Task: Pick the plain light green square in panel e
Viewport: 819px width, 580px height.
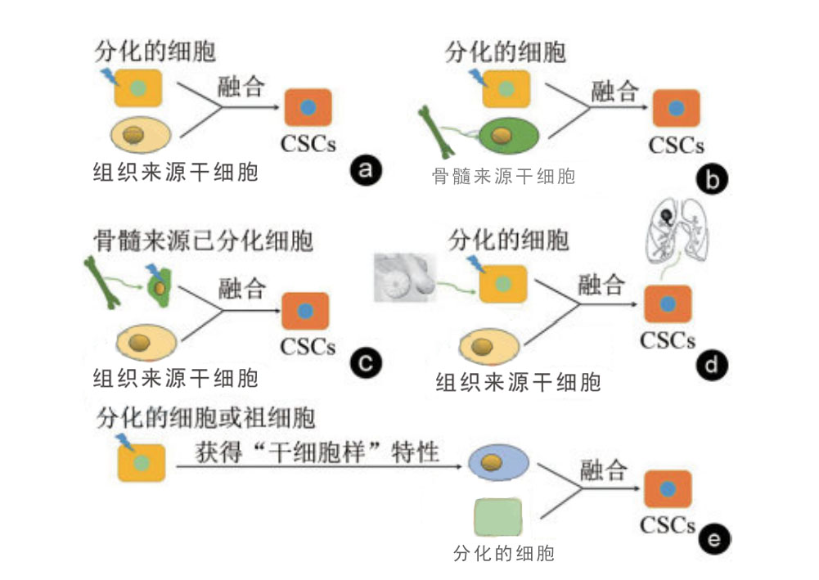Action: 497,519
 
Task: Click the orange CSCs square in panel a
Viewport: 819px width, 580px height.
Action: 308,108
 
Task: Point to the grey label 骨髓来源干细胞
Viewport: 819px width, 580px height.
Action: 503,176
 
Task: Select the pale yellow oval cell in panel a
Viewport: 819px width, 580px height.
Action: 137,135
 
